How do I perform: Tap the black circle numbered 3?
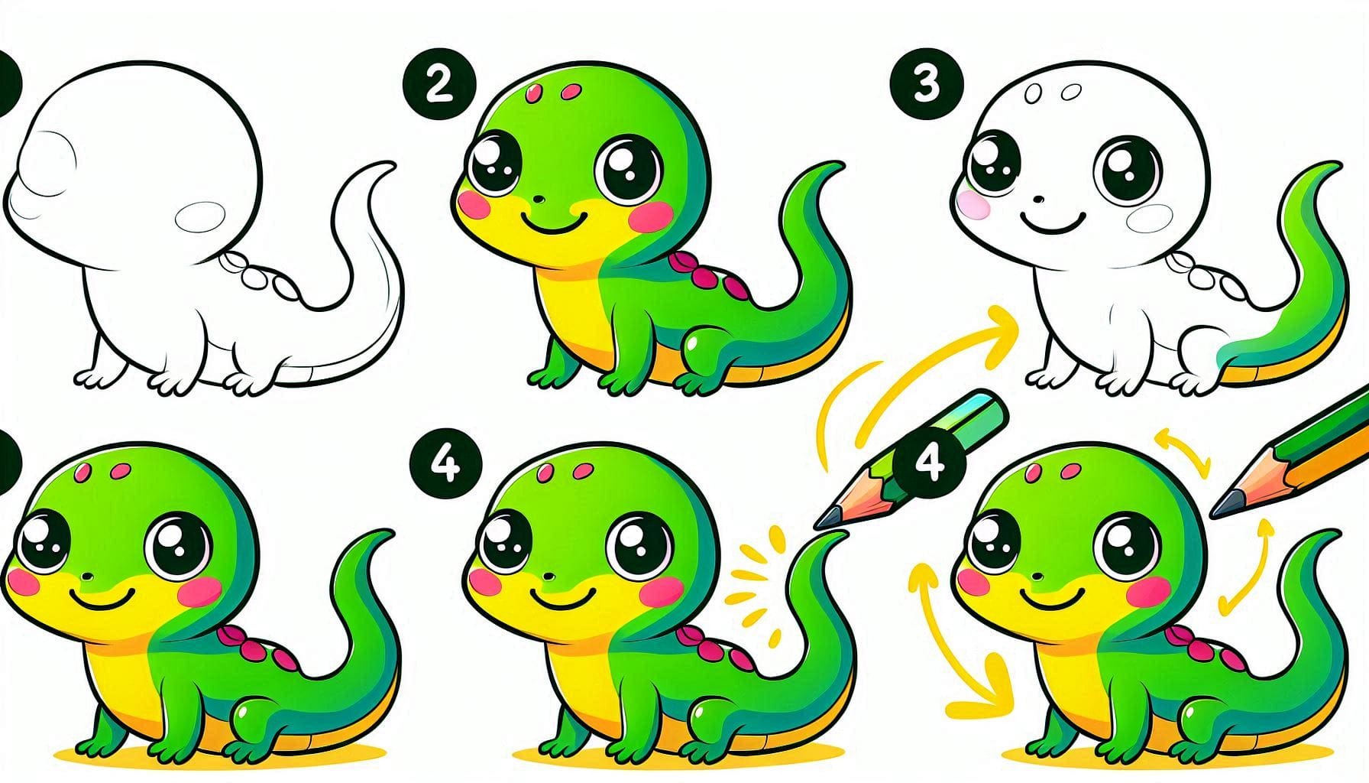tap(926, 85)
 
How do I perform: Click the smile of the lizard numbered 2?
tap(555, 225)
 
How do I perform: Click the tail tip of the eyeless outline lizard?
tap(388, 166)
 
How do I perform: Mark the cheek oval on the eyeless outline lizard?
tap(202, 216)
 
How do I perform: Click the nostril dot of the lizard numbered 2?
tap(537, 200)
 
